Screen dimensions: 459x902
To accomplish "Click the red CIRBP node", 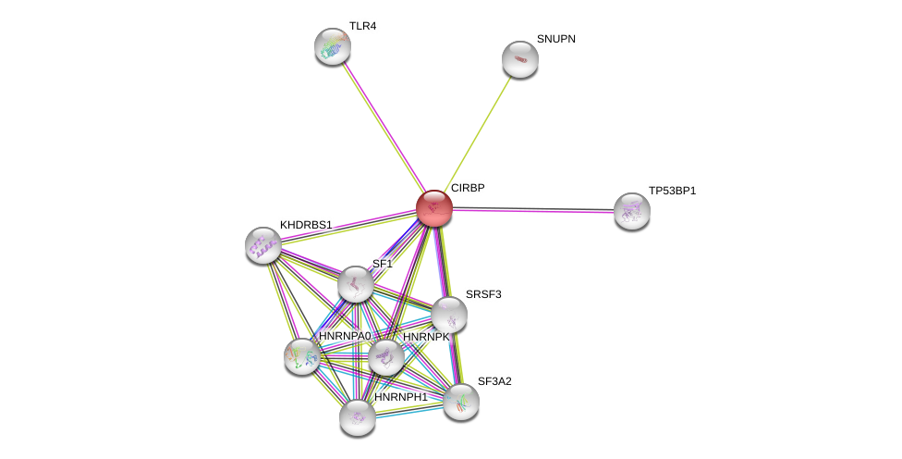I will tap(433, 208).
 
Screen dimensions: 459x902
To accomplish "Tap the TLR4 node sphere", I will tap(333, 46).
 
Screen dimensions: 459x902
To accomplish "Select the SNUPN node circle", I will tap(520, 59).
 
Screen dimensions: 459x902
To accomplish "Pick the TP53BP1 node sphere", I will tap(631, 211).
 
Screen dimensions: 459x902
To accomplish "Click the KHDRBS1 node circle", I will tap(263, 245).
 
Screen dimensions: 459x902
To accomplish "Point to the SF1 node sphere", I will tap(355, 284).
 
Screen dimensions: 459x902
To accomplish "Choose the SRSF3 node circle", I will tap(449, 315).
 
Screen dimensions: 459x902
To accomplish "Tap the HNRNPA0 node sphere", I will tap(301, 356).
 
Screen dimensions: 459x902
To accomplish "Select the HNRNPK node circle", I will tap(386, 357).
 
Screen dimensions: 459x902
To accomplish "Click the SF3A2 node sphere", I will tap(461, 402).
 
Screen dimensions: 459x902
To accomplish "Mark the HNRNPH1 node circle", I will tap(358, 417).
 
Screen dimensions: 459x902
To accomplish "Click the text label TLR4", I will tap(362, 26).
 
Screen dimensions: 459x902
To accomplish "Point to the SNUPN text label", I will tap(556, 39).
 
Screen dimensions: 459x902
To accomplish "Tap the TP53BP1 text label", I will tap(672, 191).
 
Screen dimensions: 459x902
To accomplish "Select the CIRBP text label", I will tap(468, 188).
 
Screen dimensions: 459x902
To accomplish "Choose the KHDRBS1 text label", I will tap(306, 225).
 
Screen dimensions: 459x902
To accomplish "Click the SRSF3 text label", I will tap(483, 294).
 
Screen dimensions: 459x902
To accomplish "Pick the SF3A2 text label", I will tap(494, 381).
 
